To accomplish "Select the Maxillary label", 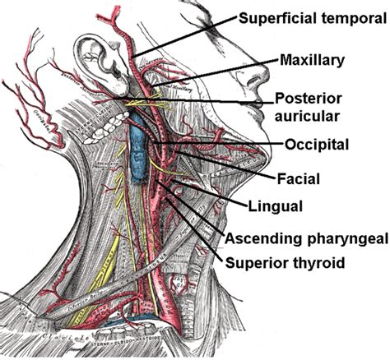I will click(x=311, y=59).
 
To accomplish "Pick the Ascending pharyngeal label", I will click(x=304, y=237).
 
